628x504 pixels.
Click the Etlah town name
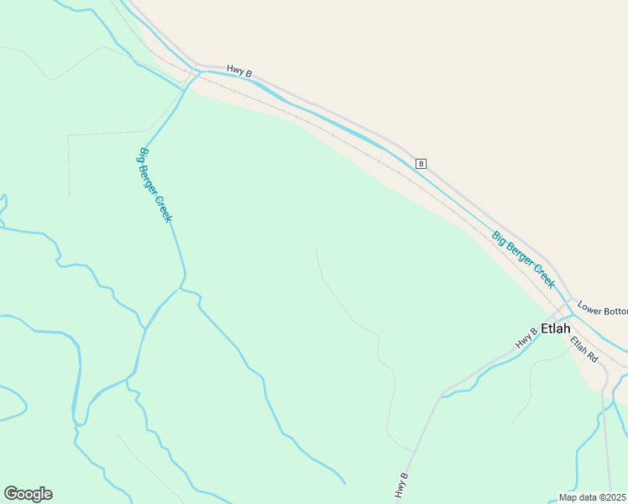coord(556,328)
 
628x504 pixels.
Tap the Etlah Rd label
coord(584,349)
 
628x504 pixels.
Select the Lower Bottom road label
coord(603,311)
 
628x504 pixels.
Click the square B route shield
coord(421,163)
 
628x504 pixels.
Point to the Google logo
coord(28,494)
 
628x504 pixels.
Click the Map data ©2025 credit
coord(592,497)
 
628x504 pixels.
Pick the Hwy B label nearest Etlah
coord(526,338)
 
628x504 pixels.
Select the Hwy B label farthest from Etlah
coord(239,73)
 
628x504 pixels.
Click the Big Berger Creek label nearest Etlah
coord(524,260)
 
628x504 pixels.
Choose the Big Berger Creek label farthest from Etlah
coord(155,185)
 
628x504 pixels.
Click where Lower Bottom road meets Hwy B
coord(572,300)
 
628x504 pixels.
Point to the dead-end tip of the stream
coord(344,483)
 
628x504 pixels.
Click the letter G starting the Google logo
coord(11,493)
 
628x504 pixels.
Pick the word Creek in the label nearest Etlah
coord(543,276)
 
